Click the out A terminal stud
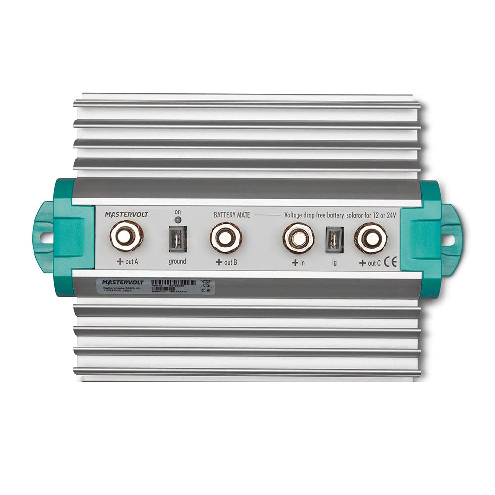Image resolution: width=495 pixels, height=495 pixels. [x=127, y=236]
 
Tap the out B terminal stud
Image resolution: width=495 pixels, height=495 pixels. [x=226, y=237]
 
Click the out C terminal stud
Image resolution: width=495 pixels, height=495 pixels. [x=371, y=238]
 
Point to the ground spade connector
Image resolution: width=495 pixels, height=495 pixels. [x=177, y=239]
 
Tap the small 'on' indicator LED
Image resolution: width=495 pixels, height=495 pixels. [x=177, y=220]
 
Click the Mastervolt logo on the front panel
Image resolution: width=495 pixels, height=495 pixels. [x=126, y=214]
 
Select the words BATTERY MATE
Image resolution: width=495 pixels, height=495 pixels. [x=232, y=215]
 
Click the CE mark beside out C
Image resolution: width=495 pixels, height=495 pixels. [x=391, y=263]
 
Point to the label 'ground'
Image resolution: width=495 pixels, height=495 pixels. [x=177, y=261]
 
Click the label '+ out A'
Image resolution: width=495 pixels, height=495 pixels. [x=127, y=262]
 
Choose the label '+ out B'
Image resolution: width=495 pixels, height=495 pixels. [x=226, y=262]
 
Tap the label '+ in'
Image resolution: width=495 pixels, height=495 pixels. [x=298, y=263]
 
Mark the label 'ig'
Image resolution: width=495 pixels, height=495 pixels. [x=334, y=263]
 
